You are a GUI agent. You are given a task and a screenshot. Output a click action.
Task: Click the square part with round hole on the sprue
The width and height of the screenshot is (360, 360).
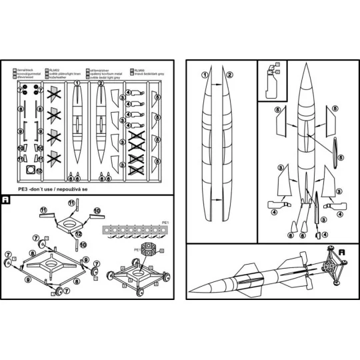pyautogui.click(x=30, y=171)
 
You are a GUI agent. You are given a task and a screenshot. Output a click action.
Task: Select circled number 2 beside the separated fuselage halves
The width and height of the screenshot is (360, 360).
pyautogui.click(x=229, y=75)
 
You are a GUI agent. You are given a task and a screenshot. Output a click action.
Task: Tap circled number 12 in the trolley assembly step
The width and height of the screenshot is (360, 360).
pyautogui.click(x=79, y=234)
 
